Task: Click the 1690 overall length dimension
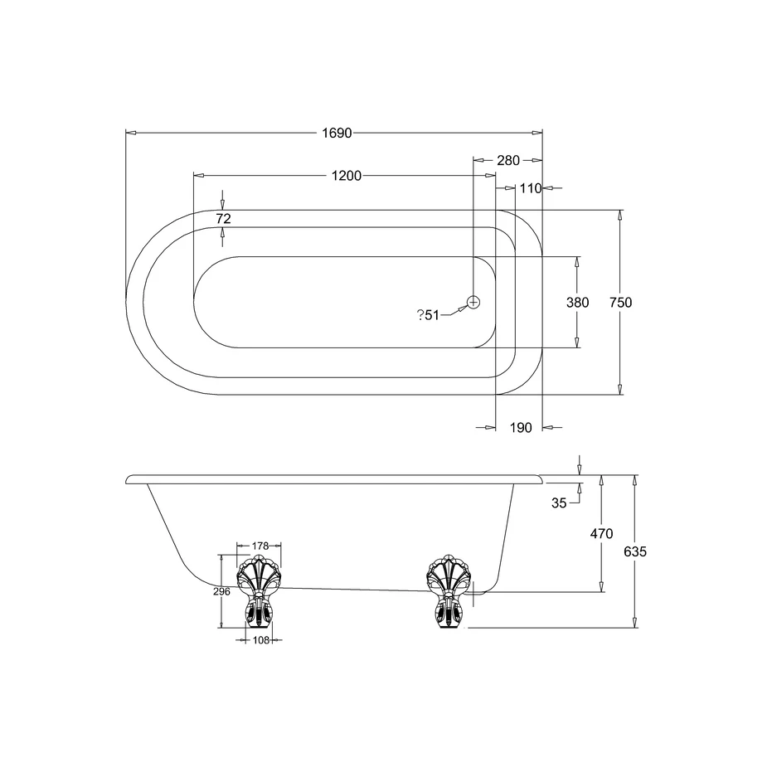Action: pyautogui.click(x=337, y=133)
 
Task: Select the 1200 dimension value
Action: pyautogui.click(x=347, y=176)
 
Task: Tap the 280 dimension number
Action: pyautogui.click(x=508, y=161)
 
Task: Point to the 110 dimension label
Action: pyautogui.click(x=530, y=188)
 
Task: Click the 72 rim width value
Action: pyautogui.click(x=223, y=219)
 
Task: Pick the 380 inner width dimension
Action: pyautogui.click(x=577, y=303)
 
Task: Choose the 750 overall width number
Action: pyautogui.click(x=620, y=303)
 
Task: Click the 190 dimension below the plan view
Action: pyautogui.click(x=521, y=428)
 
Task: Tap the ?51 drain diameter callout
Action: pyautogui.click(x=428, y=315)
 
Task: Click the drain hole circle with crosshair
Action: pyautogui.click(x=473, y=303)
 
